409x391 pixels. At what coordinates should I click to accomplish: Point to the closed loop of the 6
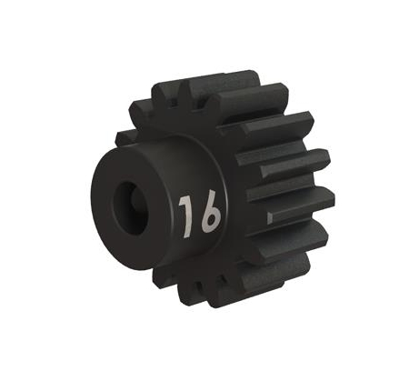pos(209,221)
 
